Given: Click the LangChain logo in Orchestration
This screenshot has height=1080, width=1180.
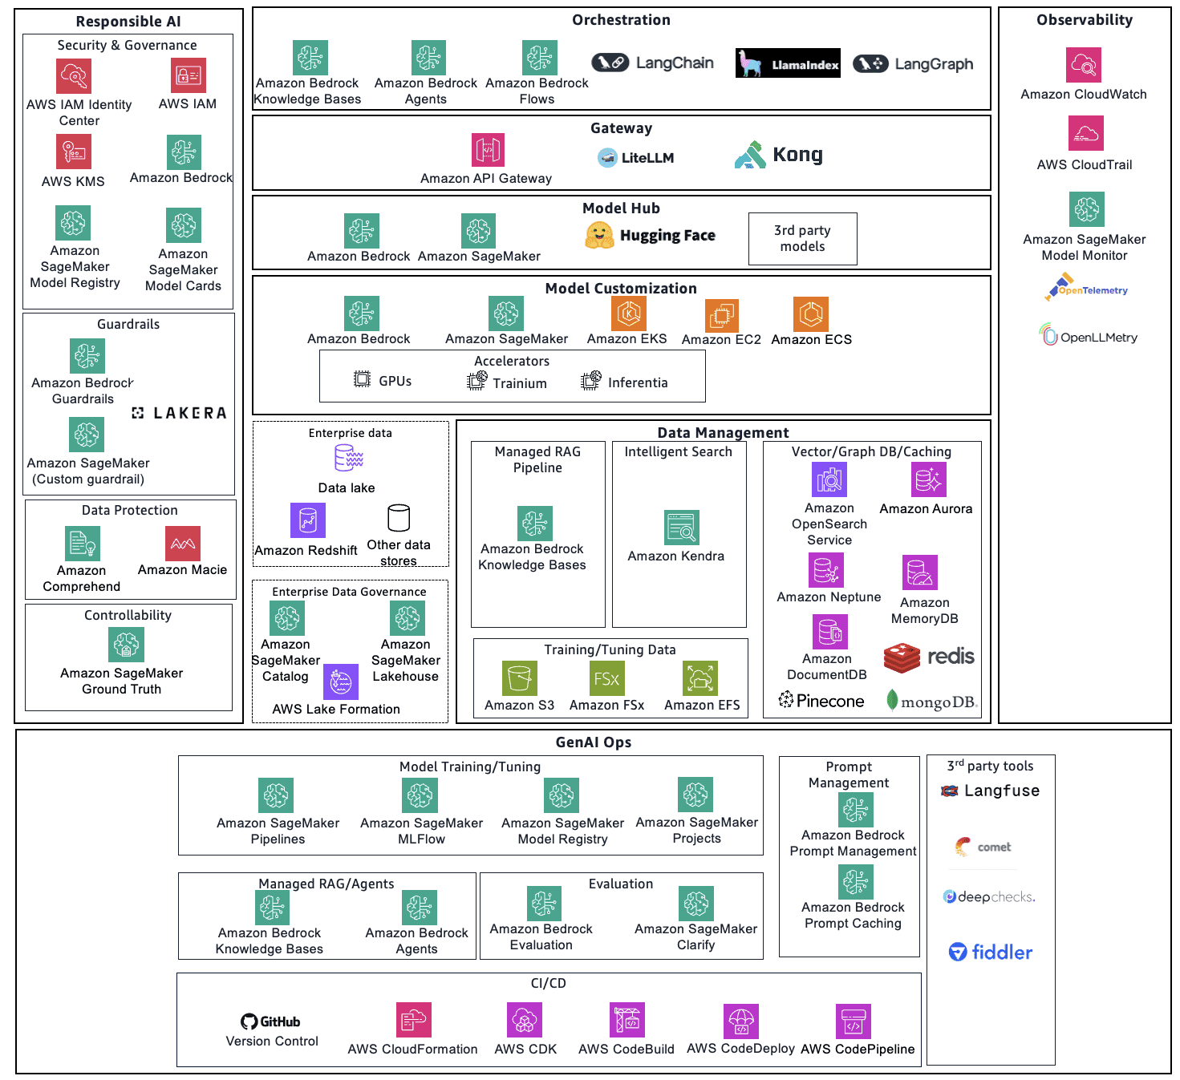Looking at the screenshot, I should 653,63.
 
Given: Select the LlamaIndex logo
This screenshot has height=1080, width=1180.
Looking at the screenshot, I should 788,63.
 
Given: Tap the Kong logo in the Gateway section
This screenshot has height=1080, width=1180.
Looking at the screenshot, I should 779,155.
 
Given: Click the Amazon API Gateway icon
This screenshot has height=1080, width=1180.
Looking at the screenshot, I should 488,150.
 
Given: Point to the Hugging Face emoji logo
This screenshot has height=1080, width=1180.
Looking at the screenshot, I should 599,235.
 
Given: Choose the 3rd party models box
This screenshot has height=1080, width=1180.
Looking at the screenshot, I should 802,238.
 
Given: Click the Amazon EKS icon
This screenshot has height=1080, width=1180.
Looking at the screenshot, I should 628,313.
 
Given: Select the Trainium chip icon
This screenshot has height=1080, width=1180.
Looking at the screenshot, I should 476,382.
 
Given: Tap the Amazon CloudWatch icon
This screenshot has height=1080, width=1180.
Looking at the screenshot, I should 1083,65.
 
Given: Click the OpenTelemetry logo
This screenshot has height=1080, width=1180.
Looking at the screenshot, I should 1086,288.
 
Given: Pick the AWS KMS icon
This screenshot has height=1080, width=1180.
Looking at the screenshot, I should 74,152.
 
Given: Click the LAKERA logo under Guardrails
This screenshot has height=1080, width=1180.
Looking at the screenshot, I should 179,413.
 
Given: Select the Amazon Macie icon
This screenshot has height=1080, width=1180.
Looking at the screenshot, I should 183,544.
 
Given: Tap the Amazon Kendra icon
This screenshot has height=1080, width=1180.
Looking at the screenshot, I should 681,528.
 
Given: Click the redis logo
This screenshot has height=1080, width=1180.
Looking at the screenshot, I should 929,657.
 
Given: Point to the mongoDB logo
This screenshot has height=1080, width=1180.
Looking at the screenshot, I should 931,702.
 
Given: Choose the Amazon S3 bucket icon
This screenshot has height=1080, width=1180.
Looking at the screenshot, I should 519,678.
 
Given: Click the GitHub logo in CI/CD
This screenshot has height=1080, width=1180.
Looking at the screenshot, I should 270,1021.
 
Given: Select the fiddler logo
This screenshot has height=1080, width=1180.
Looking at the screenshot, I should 991,952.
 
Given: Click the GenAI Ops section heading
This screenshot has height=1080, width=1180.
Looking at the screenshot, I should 593,742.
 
